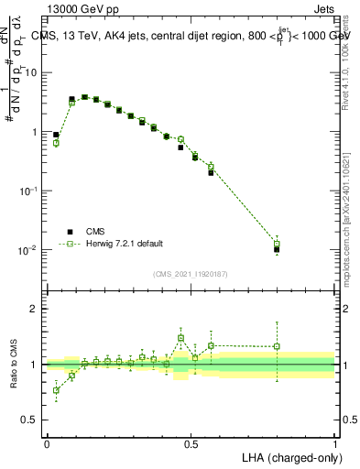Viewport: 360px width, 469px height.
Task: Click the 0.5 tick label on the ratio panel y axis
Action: click(33, 420)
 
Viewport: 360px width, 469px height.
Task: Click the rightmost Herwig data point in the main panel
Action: click(277, 244)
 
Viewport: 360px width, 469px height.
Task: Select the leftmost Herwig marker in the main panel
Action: click(56, 143)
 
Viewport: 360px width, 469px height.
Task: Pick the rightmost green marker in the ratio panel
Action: click(277, 347)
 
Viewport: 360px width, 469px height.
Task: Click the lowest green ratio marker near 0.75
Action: click(56, 390)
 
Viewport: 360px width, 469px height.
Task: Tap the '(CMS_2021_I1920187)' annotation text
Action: click(191, 273)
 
